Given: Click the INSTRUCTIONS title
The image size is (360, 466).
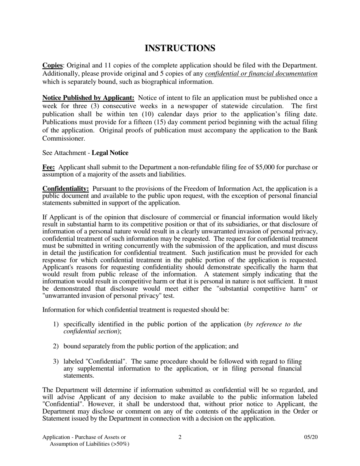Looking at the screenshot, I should point(180,48).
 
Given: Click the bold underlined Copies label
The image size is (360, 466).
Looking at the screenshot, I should point(52,66).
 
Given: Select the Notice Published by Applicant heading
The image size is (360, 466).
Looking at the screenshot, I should point(88,98).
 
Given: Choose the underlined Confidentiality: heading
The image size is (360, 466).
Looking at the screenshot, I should point(66,189).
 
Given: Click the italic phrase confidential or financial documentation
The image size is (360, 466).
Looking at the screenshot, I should point(261,74).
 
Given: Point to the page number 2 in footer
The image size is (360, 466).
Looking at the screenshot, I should point(180,437).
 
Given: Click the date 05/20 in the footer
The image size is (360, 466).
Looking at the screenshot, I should point(311,437).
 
